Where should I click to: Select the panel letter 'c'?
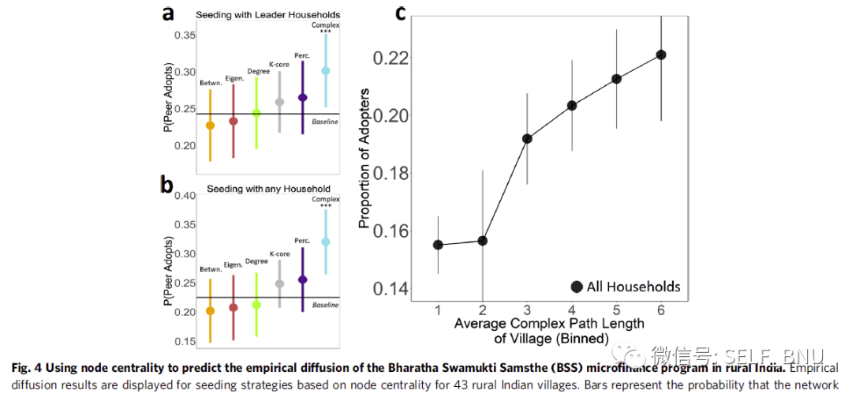tap(401, 13)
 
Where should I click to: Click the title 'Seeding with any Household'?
tap(268, 189)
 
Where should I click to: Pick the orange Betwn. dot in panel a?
tap(210, 126)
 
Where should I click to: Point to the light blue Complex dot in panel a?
tap(326, 71)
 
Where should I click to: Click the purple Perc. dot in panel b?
tap(302, 280)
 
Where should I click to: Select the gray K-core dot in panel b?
tap(279, 283)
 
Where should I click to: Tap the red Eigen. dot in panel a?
tap(233, 121)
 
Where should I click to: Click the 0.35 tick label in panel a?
tap(186, 36)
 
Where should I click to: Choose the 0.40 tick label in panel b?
tap(186, 196)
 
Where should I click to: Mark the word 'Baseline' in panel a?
tap(325, 122)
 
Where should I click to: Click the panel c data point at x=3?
tap(527, 139)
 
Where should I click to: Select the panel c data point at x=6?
tap(661, 54)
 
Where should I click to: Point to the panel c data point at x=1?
tap(438, 245)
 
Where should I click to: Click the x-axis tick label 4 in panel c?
tap(572, 309)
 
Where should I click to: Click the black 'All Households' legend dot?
tap(577, 287)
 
